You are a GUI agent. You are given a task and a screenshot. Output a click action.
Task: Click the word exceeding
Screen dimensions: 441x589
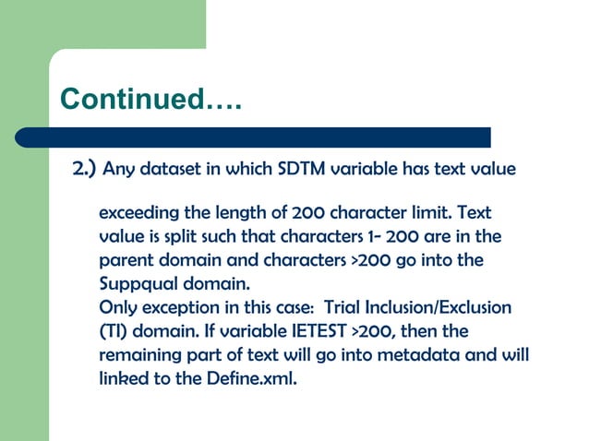click(138, 213)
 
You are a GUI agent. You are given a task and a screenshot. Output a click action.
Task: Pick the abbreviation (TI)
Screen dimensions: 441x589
click(114, 330)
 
